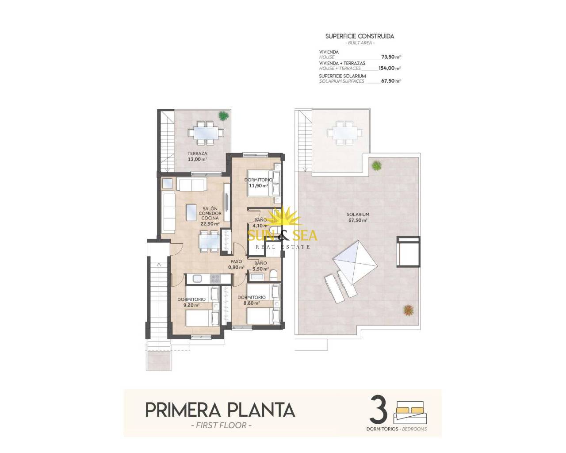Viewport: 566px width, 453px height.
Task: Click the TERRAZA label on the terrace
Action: tap(197, 154)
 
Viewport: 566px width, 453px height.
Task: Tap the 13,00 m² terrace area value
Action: tap(197, 159)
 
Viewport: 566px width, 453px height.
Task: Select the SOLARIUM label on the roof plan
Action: tap(358, 215)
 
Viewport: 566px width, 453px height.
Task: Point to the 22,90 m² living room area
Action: tap(210, 224)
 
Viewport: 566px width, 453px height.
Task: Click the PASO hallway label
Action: tap(236, 261)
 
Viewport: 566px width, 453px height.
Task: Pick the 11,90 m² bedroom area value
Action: tap(258, 185)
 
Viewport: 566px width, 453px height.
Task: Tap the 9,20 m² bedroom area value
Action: tap(191, 305)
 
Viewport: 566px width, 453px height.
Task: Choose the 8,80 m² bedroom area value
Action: tap(252, 303)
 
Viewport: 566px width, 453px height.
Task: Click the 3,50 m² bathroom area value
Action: tap(260, 269)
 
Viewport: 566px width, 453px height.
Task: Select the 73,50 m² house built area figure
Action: tap(391, 57)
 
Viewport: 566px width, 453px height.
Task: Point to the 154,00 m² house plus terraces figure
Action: tap(390, 68)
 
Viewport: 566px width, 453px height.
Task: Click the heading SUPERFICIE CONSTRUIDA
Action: tap(359, 36)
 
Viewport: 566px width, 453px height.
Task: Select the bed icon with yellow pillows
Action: tap(410, 413)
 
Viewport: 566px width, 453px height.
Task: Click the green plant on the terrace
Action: tap(223, 115)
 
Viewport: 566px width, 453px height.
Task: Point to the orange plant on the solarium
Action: tap(408, 310)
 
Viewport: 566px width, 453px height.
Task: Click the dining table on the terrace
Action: tap(206, 133)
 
